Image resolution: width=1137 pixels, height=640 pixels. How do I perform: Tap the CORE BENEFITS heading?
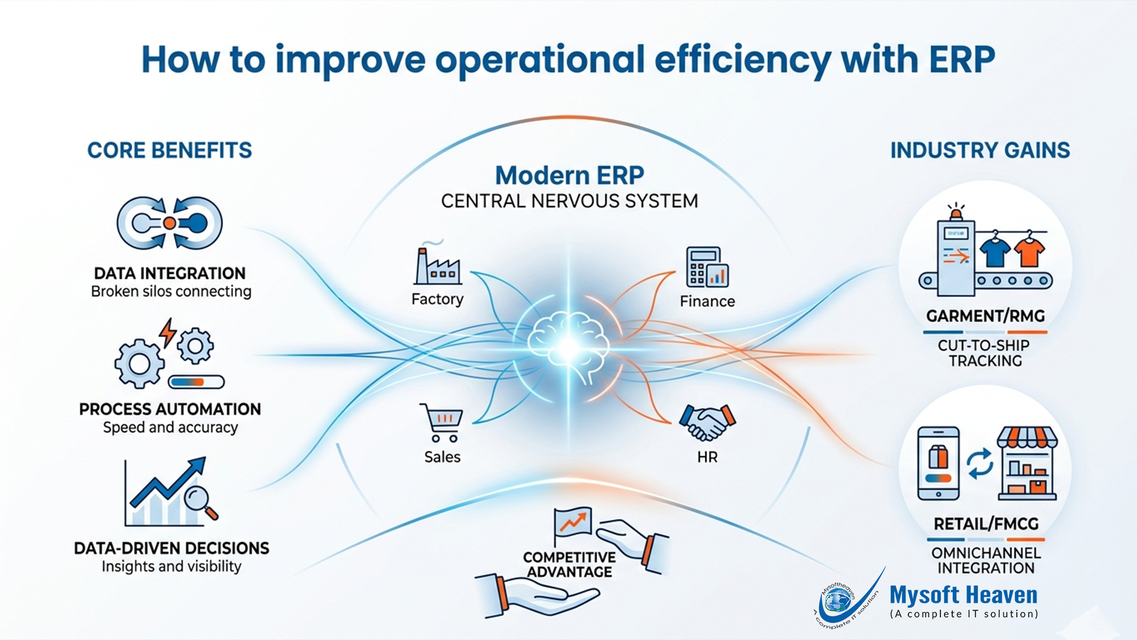pyautogui.click(x=169, y=151)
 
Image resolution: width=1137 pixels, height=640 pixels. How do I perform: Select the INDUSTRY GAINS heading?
pyautogui.click(x=980, y=151)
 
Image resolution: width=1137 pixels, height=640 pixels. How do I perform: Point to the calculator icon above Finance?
pyautogui.click(x=706, y=267)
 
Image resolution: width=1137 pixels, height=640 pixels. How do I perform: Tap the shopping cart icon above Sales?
pyautogui.click(x=442, y=422)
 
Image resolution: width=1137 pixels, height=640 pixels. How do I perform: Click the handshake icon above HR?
pyautogui.click(x=707, y=422)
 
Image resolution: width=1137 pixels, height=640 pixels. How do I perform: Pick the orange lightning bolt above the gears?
pyautogui.click(x=168, y=332)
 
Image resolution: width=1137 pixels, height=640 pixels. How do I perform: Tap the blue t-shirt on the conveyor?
pyautogui.click(x=995, y=251)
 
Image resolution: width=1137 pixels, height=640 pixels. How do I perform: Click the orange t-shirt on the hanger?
pyautogui.click(x=1030, y=251)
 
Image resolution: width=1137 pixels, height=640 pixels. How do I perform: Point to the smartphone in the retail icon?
pyautogui.click(x=938, y=463)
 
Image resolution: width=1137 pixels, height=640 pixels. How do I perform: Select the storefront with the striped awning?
pyautogui.click(x=1027, y=463)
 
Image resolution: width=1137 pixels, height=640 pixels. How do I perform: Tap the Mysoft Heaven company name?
pyautogui.click(x=963, y=595)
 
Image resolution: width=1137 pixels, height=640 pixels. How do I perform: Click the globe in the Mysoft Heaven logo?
pyautogui.click(x=837, y=601)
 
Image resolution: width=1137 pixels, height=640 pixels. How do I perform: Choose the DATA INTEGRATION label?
pyautogui.click(x=170, y=273)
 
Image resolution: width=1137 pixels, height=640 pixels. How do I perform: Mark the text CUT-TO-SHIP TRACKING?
pyautogui.click(x=984, y=353)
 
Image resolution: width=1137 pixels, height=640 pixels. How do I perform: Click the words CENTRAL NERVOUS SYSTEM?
pyautogui.click(x=569, y=201)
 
